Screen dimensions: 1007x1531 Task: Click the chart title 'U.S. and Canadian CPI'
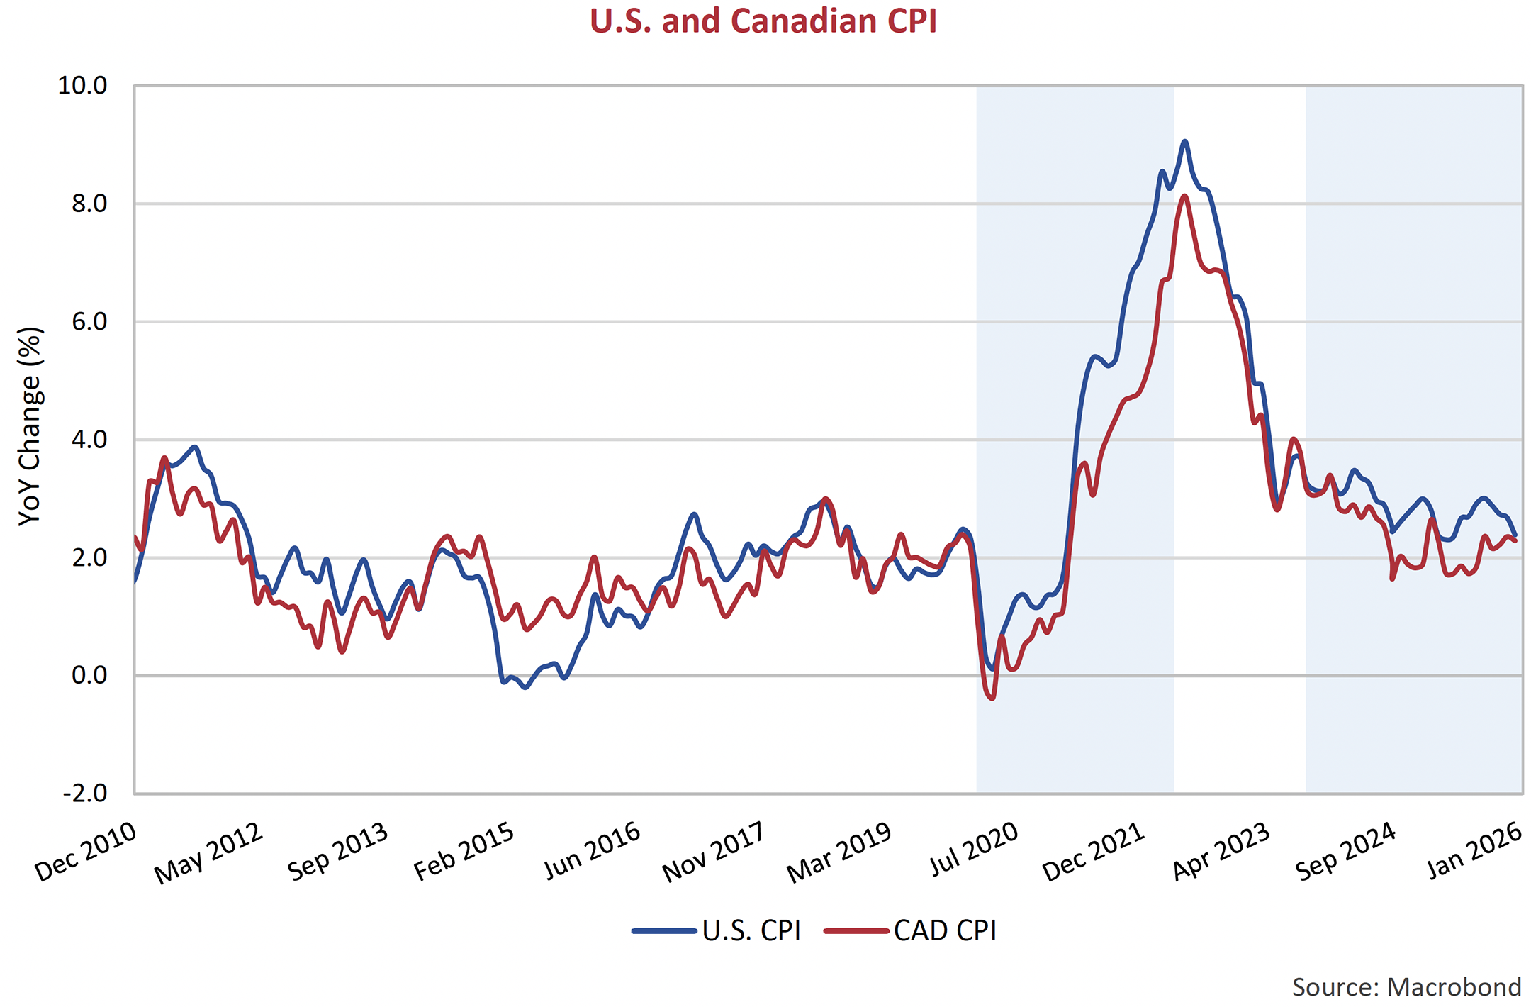[763, 21]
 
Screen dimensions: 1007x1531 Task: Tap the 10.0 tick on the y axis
[82, 86]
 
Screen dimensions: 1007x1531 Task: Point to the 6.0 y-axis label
[89, 322]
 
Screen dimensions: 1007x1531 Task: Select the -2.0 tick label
[85, 793]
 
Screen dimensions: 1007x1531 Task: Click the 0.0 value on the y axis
[89, 675]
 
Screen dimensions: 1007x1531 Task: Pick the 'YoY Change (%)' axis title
[30, 425]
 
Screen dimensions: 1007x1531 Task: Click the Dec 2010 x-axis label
[86, 852]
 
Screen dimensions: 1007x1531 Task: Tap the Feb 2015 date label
[464, 852]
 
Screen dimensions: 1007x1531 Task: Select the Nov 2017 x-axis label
[714, 852]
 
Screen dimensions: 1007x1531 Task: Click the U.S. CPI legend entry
[717, 930]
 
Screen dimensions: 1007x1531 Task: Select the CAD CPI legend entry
[912, 930]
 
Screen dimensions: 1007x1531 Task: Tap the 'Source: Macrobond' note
[1406, 987]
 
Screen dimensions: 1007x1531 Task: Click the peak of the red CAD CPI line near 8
[1184, 196]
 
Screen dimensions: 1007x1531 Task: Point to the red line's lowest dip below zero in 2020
[992, 699]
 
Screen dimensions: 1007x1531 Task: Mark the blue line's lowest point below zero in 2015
[525, 687]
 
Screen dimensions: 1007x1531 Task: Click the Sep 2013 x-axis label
[338, 852]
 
